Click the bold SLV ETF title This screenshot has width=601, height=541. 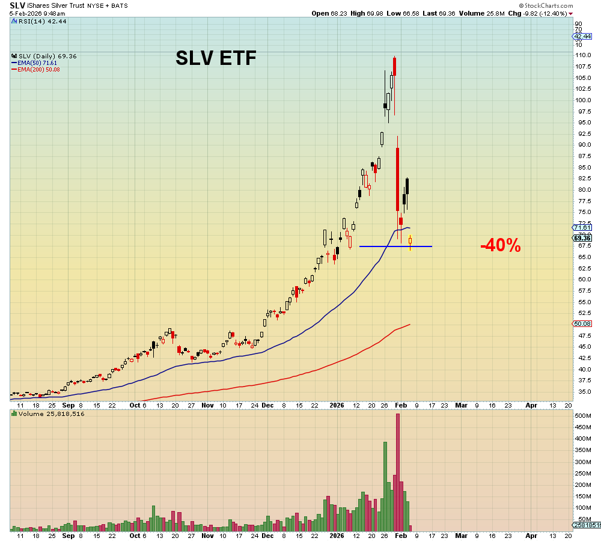[x=216, y=58]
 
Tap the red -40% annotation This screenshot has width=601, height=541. [x=500, y=245]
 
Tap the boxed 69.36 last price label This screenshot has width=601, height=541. [x=583, y=238]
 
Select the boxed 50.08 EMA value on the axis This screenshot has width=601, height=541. [x=583, y=323]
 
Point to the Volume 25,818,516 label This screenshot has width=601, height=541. [x=50, y=414]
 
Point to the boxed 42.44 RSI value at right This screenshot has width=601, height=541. [x=583, y=36]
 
